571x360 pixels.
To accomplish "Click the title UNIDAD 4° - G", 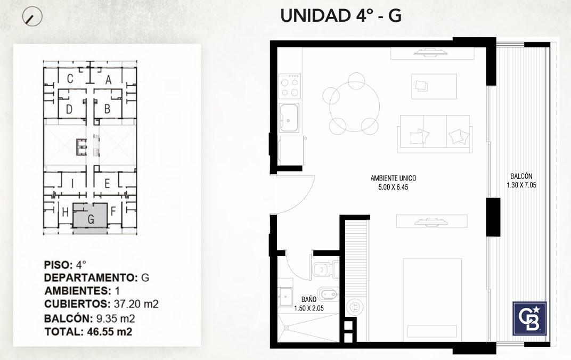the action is tap(341, 15).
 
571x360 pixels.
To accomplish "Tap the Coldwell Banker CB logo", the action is tap(529, 318).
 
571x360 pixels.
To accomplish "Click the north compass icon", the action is tap(32, 17).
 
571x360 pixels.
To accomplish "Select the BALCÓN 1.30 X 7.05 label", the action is tap(521, 181).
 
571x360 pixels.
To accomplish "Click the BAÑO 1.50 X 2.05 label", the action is tap(309, 304).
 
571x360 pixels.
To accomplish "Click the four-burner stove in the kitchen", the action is tap(290, 86).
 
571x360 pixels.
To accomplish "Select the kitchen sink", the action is tap(289, 118).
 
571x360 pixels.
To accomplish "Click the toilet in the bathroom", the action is tap(325, 269).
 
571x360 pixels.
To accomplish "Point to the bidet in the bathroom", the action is tap(328, 294).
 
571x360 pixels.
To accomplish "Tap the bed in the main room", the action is tap(433, 300).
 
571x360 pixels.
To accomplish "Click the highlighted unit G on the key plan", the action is tap(90, 216).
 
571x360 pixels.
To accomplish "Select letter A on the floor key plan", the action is tap(108, 80).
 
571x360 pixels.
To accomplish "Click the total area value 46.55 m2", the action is tap(110, 332).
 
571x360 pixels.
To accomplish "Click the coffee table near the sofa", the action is tap(434, 86).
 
